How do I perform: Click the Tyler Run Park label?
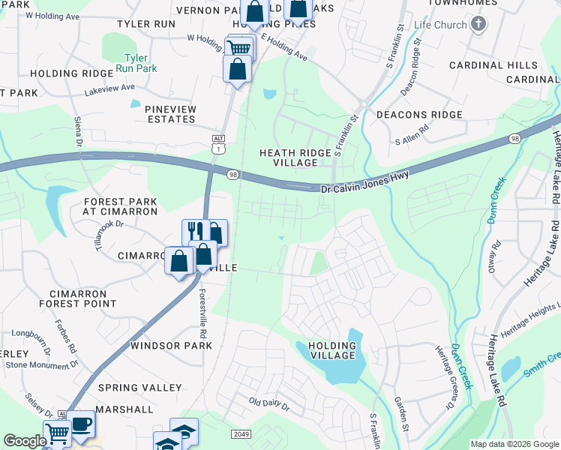[136, 64]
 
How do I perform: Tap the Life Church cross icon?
[478, 25]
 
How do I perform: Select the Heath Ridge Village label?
[295, 157]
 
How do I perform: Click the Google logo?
[24, 441]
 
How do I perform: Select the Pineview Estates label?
[170, 114]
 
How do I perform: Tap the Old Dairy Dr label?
[269, 404]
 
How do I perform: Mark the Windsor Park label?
[171, 346]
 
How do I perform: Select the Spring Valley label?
[140, 388]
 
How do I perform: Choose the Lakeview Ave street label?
[110, 87]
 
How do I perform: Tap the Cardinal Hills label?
[493, 65]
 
